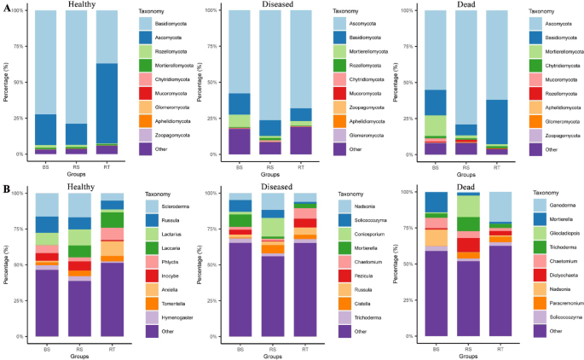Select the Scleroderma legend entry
pyautogui.click(x=164, y=206)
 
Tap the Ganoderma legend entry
pyautogui.click(x=554, y=206)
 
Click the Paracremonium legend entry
pyautogui.click(x=558, y=301)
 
